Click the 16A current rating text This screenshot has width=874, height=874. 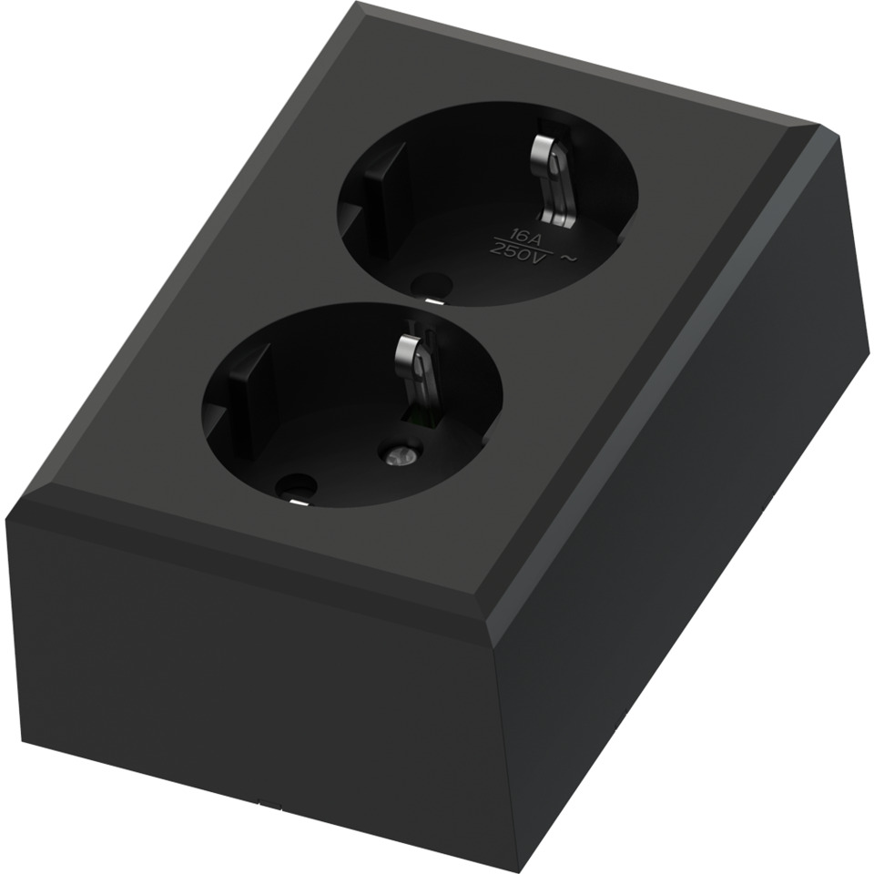[504, 233]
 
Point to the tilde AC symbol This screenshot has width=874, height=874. [569, 258]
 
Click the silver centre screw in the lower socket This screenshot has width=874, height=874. [398, 452]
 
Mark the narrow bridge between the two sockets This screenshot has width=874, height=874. [415, 302]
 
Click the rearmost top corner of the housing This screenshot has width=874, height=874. [353, 4]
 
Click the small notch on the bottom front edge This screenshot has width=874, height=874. [261, 804]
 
